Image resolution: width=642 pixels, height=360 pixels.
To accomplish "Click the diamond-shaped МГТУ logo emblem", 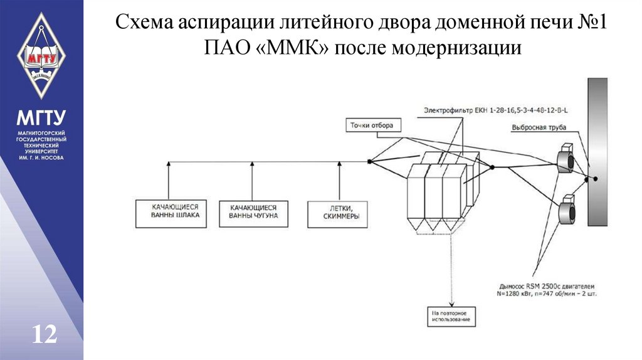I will coord(41,53).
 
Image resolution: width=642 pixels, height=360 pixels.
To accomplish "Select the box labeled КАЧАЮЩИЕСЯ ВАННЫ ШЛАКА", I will coord(171,214).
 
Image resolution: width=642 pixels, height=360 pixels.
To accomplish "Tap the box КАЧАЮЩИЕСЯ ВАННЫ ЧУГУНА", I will coord(253,214).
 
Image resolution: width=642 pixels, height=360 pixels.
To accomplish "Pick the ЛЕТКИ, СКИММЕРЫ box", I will coord(338,214).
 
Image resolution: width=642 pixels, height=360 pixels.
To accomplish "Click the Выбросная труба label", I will coord(539,128).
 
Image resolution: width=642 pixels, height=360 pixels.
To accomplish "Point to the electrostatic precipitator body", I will coord(437,198).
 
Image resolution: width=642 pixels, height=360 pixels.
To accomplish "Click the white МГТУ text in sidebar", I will coord(41,117).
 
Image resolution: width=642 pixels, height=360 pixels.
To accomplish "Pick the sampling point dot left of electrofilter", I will coord(369,162).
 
